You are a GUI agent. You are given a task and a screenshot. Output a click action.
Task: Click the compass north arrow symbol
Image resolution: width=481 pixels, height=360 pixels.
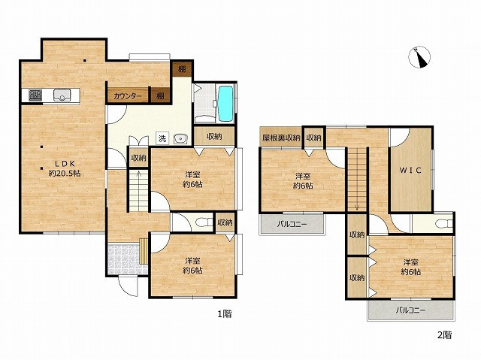[419, 57]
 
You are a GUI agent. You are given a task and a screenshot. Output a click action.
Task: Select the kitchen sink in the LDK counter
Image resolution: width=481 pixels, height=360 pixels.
[62, 95]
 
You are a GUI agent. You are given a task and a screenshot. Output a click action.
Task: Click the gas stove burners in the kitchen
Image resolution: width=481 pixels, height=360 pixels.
[35, 95]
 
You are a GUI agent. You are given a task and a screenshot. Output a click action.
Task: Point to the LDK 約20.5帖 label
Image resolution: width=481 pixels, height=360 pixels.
[65, 168]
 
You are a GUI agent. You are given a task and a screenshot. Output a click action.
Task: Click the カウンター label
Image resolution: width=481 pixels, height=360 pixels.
[127, 96]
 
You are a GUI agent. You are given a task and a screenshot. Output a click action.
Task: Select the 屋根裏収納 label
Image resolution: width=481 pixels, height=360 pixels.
[280, 138]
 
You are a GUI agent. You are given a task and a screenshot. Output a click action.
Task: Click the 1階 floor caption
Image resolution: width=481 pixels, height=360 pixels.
[225, 313]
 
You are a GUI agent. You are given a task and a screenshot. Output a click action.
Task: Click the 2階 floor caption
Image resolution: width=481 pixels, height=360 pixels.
[444, 334]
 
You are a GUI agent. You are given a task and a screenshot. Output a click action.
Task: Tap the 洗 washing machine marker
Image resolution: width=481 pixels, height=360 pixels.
[162, 138]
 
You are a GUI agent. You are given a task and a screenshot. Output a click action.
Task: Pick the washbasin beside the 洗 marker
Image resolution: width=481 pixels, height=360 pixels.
[180, 139]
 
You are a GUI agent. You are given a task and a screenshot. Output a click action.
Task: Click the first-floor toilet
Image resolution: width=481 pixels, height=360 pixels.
[204, 222]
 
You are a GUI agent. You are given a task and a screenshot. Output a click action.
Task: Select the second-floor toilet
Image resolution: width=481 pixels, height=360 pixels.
[444, 223]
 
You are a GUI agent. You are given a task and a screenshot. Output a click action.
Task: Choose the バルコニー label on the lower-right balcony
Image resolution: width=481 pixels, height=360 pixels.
[410, 310]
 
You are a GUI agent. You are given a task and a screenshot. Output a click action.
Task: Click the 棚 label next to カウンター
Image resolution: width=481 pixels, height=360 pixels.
[160, 96]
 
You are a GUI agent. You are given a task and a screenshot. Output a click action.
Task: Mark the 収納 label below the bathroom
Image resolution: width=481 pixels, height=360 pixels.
[214, 137]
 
